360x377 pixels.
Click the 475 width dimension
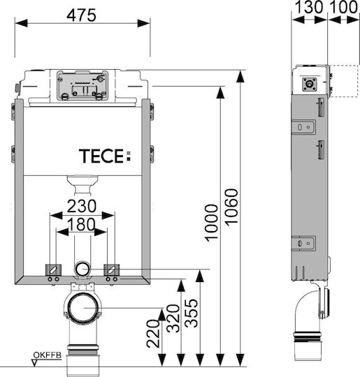[x=81, y=15]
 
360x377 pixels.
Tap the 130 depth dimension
[x=308, y=7]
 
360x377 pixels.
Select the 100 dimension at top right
[x=343, y=7]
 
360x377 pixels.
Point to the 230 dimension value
[x=82, y=206]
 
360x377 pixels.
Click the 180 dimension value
[x=81, y=224]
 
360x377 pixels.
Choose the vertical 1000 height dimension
[x=211, y=223]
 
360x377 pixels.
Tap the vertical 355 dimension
[x=192, y=313]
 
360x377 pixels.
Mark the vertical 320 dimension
[x=173, y=318]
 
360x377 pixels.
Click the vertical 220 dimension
[x=153, y=334]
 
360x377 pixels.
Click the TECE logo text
[x=105, y=156]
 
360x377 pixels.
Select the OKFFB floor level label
[x=48, y=355]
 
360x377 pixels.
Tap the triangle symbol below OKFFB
[x=35, y=363]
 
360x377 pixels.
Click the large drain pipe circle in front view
[x=83, y=307]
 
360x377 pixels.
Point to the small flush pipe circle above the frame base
[x=82, y=269]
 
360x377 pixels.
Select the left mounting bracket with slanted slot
[x=53, y=269]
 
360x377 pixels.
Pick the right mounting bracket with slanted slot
[x=111, y=269]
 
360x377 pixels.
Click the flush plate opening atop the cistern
[x=82, y=85]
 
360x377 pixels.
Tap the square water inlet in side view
[x=309, y=84]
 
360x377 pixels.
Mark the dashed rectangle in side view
[x=343, y=81]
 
